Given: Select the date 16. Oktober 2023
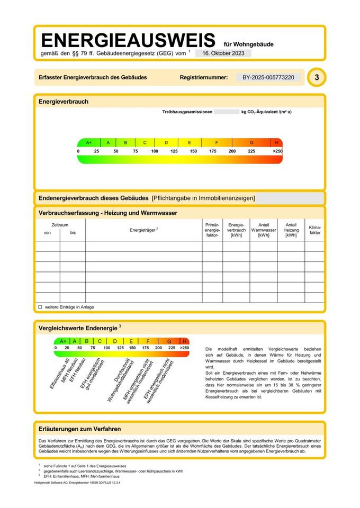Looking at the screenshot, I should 223,53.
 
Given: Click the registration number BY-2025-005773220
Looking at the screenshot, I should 268,77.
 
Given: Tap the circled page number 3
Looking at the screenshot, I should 317,77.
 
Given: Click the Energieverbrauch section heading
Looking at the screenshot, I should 64,102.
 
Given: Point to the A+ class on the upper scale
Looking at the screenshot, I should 89,143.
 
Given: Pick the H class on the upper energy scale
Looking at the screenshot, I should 277,143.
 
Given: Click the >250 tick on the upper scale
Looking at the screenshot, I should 277,151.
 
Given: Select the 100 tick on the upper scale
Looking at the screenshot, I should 155,151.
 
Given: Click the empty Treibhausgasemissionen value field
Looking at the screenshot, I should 227,112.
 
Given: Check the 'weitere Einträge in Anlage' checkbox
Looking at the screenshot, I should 40,307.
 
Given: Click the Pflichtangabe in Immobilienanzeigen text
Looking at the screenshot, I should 203,198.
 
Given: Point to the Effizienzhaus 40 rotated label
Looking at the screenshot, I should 60,374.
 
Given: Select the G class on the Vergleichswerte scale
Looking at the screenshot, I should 169,341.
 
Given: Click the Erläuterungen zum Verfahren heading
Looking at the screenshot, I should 80,429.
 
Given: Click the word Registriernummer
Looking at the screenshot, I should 204,77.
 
